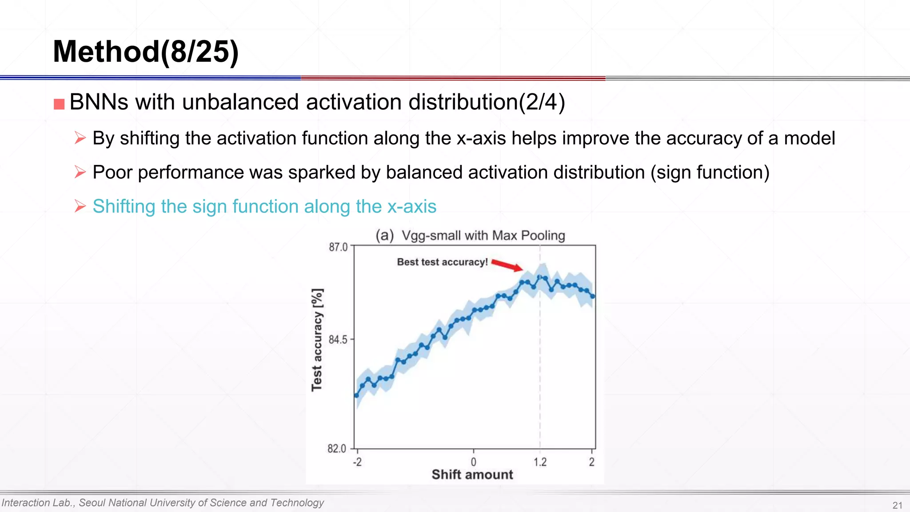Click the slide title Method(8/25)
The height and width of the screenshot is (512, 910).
pyautogui.click(x=146, y=52)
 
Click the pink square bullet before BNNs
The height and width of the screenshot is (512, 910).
pyautogui.click(x=59, y=104)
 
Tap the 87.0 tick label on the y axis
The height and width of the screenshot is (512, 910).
pyautogui.click(x=338, y=247)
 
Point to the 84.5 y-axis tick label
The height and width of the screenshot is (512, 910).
pyautogui.click(x=338, y=340)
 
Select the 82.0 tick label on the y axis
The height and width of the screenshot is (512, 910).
pyautogui.click(x=337, y=448)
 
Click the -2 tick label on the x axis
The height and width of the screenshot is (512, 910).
pyautogui.click(x=357, y=462)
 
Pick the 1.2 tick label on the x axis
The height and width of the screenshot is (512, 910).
pyautogui.click(x=540, y=462)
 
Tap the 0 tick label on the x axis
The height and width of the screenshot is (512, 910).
pyautogui.click(x=473, y=462)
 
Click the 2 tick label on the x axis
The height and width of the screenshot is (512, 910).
pyautogui.click(x=591, y=462)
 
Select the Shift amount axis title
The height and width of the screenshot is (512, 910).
pyautogui.click(x=472, y=475)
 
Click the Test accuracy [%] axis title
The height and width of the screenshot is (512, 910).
pyautogui.click(x=317, y=340)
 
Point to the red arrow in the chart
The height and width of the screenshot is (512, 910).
pyautogui.click(x=507, y=265)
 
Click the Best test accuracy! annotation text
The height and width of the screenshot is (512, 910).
pyautogui.click(x=442, y=262)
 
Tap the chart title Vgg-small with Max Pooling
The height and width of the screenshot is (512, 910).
pyautogui.click(x=483, y=236)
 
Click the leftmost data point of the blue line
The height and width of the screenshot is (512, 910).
pyautogui.click(x=356, y=395)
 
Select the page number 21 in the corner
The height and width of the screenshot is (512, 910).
pyautogui.click(x=897, y=505)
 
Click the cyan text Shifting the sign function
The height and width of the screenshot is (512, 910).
pyautogui.click(x=264, y=207)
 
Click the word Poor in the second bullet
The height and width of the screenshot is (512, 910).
pyautogui.click(x=112, y=172)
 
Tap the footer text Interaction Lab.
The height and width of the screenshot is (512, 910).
pyautogui.click(x=38, y=503)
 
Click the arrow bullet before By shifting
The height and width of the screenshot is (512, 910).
pyautogui.click(x=80, y=138)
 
